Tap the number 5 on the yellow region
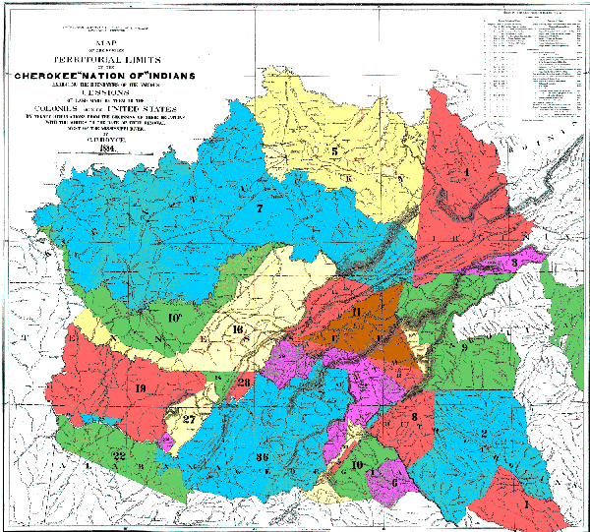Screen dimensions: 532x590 pyautogui.click(x=334, y=151)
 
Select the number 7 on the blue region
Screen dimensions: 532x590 pyautogui.click(x=260, y=208)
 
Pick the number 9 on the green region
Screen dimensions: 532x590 pyautogui.click(x=463, y=347)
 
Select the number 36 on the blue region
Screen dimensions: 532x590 pyautogui.click(x=263, y=457)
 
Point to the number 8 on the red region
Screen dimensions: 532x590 pyautogui.click(x=415, y=418)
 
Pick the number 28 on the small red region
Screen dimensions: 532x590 pyautogui.click(x=244, y=383)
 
